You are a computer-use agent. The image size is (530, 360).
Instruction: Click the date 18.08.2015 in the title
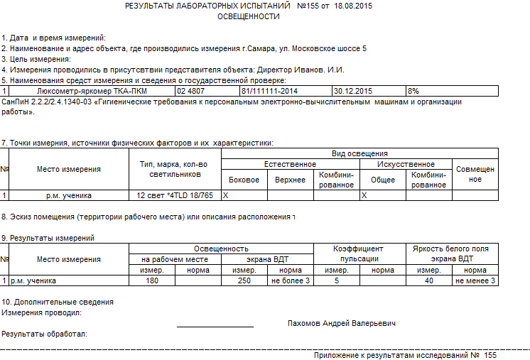[x=353, y=6]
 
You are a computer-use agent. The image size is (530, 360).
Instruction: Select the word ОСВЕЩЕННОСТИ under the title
[x=248, y=16]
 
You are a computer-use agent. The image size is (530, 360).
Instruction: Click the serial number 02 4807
[x=191, y=91]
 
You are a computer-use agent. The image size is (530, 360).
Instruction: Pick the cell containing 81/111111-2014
[x=270, y=91]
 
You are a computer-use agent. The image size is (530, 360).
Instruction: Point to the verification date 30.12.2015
[x=353, y=91]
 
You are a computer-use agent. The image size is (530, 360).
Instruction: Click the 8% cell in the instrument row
[x=413, y=91]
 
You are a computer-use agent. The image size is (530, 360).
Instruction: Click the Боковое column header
[x=244, y=180]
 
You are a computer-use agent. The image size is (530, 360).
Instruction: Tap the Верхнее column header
[x=290, y=180]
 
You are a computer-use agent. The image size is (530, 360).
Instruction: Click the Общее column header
[x=383, y=180]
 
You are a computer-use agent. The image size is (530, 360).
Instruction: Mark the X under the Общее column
[x=364, y=195]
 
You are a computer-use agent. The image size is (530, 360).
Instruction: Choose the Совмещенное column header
[x=475, y=174]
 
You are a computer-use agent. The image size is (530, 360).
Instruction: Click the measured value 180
[x=151, y=280]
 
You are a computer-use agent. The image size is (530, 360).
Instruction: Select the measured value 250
[x=244, y=280]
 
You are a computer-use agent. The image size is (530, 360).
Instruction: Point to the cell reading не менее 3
[x=475, y=280]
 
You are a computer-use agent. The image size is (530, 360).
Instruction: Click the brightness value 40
[x=428, y=280]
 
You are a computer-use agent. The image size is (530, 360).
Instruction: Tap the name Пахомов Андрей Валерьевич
[x=342, y=323]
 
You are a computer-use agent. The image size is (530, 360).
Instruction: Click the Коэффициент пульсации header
[x=358, y=253]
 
